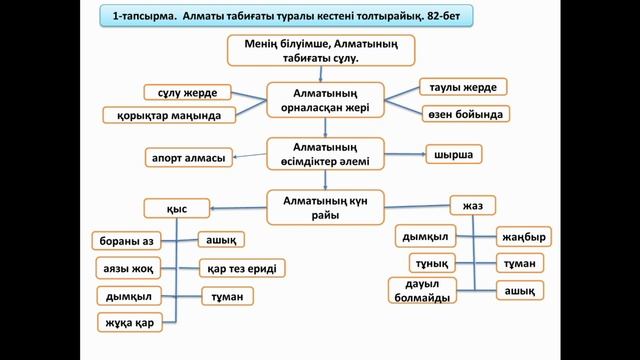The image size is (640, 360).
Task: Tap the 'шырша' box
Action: (x=452, y=155)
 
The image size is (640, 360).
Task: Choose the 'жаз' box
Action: (x=473, y=206)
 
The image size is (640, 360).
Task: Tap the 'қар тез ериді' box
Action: (x=242, y=268)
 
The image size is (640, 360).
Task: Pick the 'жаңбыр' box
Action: (x=523, y=237)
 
